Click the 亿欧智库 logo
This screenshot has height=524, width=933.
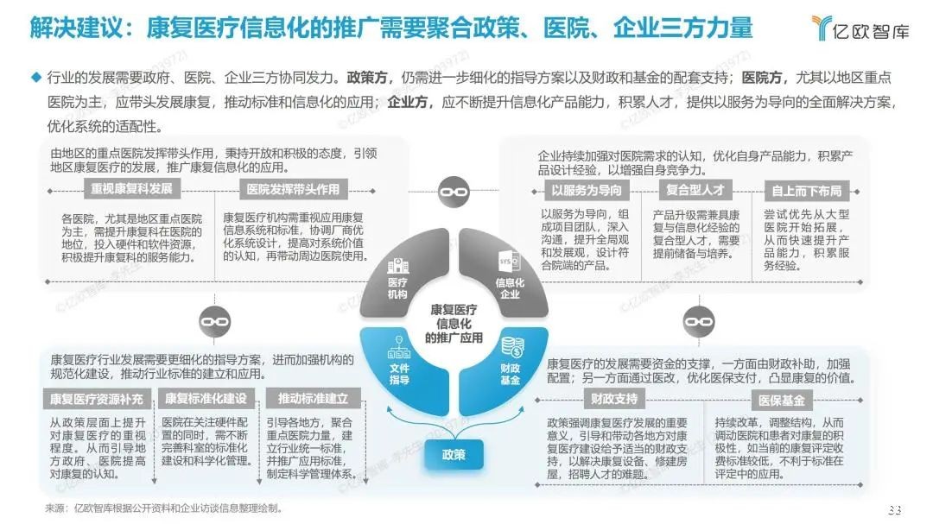[x=860, y=28]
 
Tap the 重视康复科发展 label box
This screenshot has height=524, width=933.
[x=131, y=189]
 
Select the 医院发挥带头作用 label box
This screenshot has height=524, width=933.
[x=293, y=190]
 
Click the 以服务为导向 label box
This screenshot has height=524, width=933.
[x=586, y=190]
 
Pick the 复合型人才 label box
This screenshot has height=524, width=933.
[x=695, y=190]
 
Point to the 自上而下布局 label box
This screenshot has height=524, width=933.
[x=806, y=191]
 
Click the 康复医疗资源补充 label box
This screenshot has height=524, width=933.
[x=97, y=399]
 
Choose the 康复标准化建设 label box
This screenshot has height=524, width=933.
[x=206, y=399]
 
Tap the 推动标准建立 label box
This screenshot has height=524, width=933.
[x=313, y=399]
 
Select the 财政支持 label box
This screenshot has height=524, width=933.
[x=614, y=399]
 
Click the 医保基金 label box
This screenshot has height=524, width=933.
[x=782, y=401]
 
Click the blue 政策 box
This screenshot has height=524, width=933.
[x=454, y=455]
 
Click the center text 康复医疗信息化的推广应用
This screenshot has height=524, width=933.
[x=454, y=324]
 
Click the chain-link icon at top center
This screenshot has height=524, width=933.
[x=454, y=192]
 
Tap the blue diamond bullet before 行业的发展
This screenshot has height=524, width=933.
[x=36, y=77]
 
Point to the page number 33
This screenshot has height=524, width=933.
[x=894, y=509]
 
